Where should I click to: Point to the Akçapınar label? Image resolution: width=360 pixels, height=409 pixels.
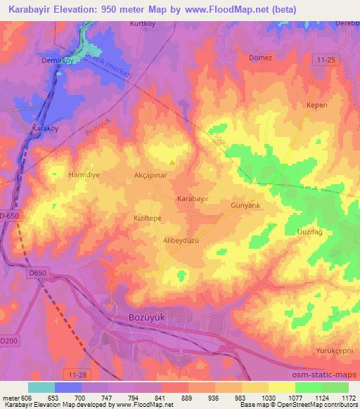tap(150, 172)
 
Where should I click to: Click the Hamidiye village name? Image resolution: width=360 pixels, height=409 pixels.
tap(85, 173)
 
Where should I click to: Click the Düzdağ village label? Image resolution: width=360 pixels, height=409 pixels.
tap(309, 231)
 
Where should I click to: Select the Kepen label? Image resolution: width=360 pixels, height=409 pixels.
tap(318, 105)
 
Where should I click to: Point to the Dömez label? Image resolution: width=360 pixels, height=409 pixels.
tap(260, 58)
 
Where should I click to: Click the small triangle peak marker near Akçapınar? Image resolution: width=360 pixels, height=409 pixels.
tap(172, 162)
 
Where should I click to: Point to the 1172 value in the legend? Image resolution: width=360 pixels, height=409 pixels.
tap(349, 397)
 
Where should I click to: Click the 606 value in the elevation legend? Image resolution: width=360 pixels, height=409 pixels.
tap(28, 397)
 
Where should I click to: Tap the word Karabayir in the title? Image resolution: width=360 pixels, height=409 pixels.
tap(32, 10)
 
